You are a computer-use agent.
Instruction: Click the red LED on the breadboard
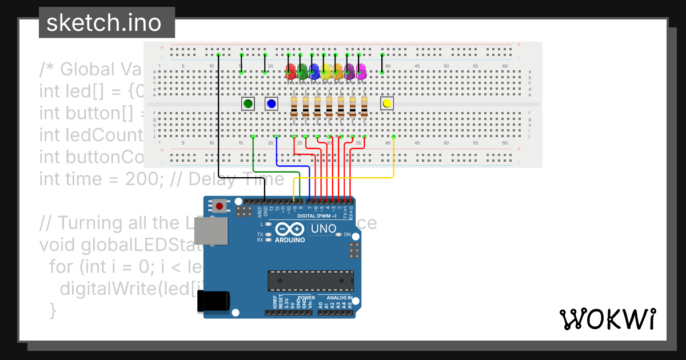pyautogui.click(x=290, y=71)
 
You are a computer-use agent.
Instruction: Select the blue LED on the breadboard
pyautogui.click(x=314, y=71)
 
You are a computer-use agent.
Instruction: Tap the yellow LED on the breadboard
pyautogui.click(x=326, y=71)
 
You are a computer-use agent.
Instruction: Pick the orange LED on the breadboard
pyautogui.click(x=338, y=71)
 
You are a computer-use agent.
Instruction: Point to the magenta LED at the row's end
pyautogui.click(x=361, y=71)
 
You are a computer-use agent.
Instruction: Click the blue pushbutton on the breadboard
pyautogui.click(x=271, y=103)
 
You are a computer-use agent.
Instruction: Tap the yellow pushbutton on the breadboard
pyautogui.click(x=387, y=103)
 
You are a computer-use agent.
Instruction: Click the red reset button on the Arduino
pyautogui.click(x=219, y=205)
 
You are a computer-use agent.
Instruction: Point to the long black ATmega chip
pyautogui.click(x=310, y=280)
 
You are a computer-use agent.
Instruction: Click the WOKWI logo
pyautogui.click(x=607, y=319)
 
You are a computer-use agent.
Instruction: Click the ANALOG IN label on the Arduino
pyautogui.click(x=340, y=298)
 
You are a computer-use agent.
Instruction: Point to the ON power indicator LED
pyautogui.click(x=339, y=235)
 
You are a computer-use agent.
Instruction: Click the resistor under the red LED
pyautogui.click(x=294, y=107)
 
